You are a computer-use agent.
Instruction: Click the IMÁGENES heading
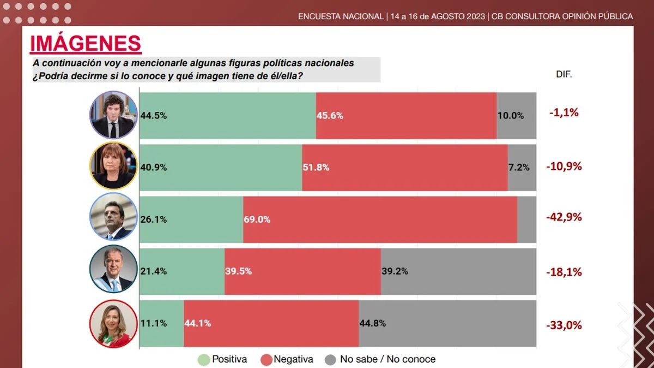coord(86,44)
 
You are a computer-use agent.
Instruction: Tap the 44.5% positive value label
coord(154,116)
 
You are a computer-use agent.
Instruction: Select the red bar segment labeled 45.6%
coord(406,116)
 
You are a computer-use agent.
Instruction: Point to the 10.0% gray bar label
coord(510,116)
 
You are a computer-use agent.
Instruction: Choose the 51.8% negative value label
coord(316,168)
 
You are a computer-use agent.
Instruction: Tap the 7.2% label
coord(519,168)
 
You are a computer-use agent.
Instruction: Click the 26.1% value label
coord(154,219)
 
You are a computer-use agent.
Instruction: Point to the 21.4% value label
coord(154,271)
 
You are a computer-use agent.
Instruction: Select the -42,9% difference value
coord(564,217)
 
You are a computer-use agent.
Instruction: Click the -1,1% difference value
coord(564,113)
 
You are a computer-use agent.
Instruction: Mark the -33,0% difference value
coord(564,325)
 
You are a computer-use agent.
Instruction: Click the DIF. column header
coord(564,74)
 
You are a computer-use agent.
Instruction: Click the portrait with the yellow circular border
coord(112,166)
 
